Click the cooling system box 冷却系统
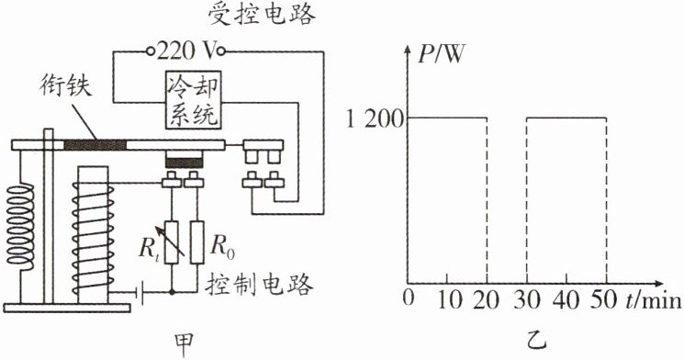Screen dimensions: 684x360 click(x=193, y=100)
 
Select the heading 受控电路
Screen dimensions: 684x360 click(x=262, y=16)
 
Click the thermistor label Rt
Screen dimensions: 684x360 click(x=149, y=249)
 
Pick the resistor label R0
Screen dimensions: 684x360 click(x=222, y=247)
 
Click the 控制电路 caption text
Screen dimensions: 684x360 click(x=259, y=285)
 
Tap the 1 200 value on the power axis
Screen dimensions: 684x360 click(x=375, y=119)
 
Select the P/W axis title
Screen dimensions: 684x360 click(x=441, y=55)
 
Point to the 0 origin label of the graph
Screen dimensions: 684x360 click(x=409, y=299)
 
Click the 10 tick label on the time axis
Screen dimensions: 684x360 click(x=448, y=300)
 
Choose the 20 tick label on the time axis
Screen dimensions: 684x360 click(x=487, y=300)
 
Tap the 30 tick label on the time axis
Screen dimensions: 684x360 click(x=527, y=300)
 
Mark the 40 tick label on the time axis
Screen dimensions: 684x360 click(x=566, y=300)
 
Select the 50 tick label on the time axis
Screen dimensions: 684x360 click(x=604, y=300)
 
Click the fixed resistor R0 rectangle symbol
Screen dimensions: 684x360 click(x=197, y=242)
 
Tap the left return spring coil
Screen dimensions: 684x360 click(x=19, y=224)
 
